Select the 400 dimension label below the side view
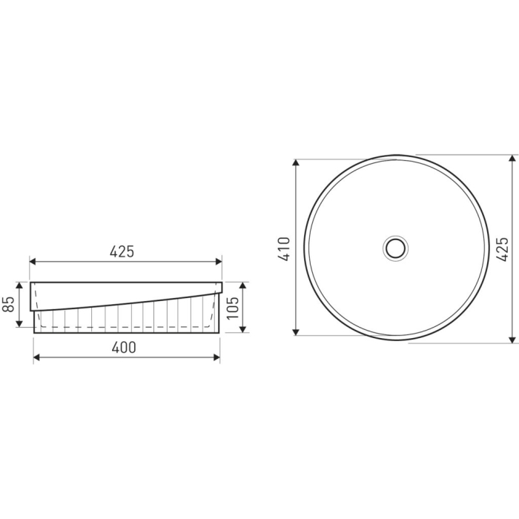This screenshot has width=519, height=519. [125, 347]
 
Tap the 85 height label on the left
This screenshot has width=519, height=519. [9, 304]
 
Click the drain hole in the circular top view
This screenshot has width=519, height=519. [396, 246]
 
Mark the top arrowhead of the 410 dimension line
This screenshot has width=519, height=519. [296, 162]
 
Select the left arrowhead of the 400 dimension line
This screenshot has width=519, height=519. [37, 357]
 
